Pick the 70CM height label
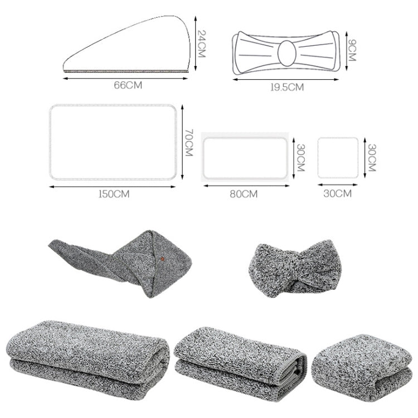point(188,143)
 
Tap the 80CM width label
point(245,194)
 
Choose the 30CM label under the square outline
point(337,194)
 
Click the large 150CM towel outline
point(116,142)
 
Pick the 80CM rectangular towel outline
point(245,157)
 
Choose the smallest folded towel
point(357,362)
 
